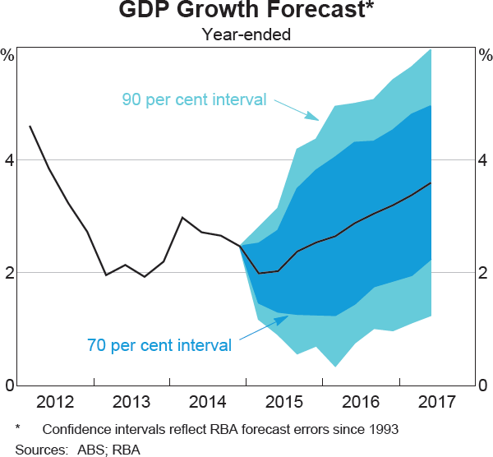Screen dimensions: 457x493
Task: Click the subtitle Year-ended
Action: [246, 35]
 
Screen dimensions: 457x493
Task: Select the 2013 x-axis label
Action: [131, 403]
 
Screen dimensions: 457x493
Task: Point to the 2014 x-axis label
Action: [207, 403]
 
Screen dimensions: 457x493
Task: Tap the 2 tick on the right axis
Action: [485, 273]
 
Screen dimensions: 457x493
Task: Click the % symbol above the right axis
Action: [484, 56]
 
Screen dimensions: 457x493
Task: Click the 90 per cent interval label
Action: [195, 100]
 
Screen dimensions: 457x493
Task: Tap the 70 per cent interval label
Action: [159, 344]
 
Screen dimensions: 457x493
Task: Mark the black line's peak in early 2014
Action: [182, 218]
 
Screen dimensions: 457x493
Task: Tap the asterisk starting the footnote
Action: [18, 428]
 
